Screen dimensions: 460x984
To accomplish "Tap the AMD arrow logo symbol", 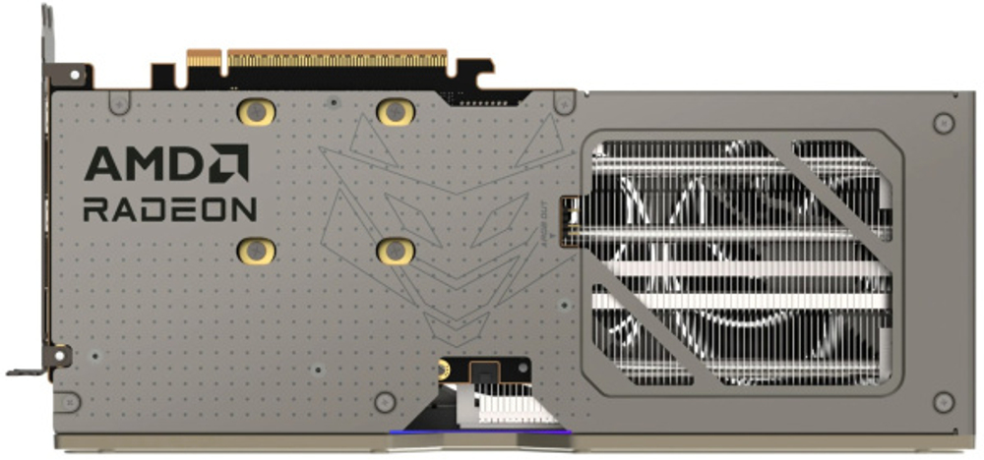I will tap(229, 163).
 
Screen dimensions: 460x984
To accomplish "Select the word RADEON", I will tap(169, 208).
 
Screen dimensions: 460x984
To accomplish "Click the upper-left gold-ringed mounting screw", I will tap(256, 111).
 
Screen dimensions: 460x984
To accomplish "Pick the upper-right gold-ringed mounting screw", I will tap(395, 111).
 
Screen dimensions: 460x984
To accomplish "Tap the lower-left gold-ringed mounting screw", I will tap(256, 251).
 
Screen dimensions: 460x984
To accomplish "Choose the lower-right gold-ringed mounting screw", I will tap(395, 251).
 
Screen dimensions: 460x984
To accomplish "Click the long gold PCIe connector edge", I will tap(337, 59).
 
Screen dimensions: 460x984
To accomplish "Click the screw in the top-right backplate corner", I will tap(943, 123).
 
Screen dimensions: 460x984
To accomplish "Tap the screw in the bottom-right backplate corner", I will tap(943, 401).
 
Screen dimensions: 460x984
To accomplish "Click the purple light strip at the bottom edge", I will tap(479, 431).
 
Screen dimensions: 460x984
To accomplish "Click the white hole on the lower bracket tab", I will tap(61, 351).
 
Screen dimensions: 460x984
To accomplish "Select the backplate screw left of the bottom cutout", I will tap(385, 401).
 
